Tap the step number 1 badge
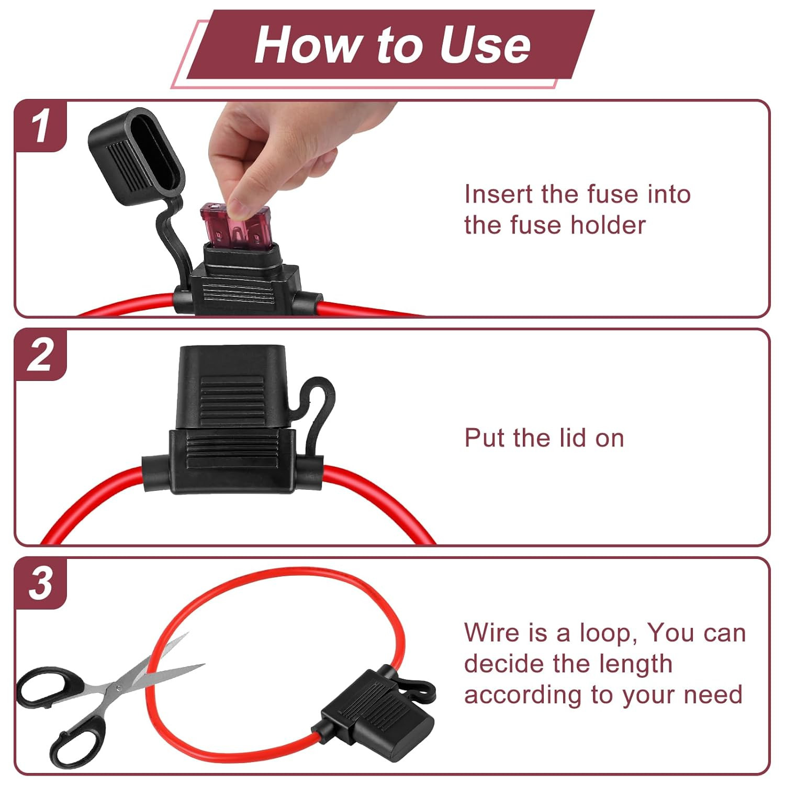(41, 126)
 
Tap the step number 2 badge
(41, 355)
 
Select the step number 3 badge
(41, 583)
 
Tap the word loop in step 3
(609, 633)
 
